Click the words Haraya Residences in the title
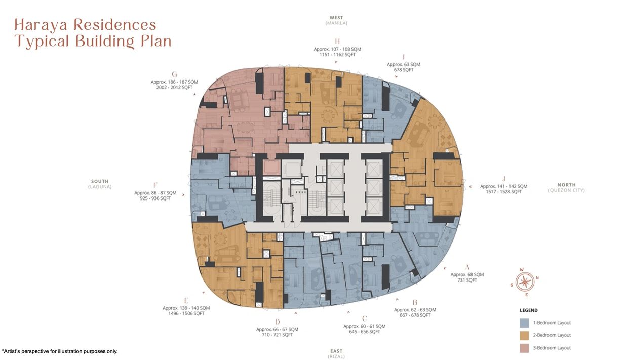click(x=85, y=25)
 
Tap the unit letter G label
click(x=174, y=74)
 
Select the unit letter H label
click(x=337, y=42)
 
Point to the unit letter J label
click(x=503, y=179)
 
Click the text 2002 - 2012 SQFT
click(x=174, y=88)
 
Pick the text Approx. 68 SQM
click(x=467, y=274)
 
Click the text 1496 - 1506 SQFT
click(x=186, y=313)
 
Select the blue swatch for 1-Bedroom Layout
click(x=524, y=323)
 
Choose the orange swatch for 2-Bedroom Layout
click(x=524, y=335)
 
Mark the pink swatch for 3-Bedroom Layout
click(x=524, y=348)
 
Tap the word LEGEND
click(x=528, y=310)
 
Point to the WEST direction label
click(x=336, y=18)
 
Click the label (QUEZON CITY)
click(x=566, y=190)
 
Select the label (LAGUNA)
click(x=100, y=187)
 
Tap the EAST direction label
click(x=336, y=351)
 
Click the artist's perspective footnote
click(x=60, y=351)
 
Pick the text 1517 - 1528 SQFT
click(x=503, y=192)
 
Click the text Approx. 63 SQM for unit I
click(x=403, y=64)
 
